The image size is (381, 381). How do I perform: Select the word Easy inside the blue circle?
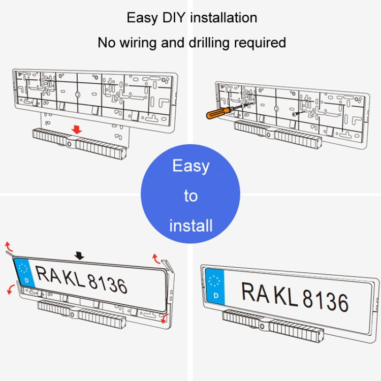click(190, 166)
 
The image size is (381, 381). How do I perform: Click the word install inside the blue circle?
click(190, 225)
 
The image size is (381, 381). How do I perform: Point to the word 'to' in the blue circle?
click(190, 196)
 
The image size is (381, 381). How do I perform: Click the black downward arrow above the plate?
click(79, 256)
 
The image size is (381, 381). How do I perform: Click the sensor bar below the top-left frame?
click(79, 142)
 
